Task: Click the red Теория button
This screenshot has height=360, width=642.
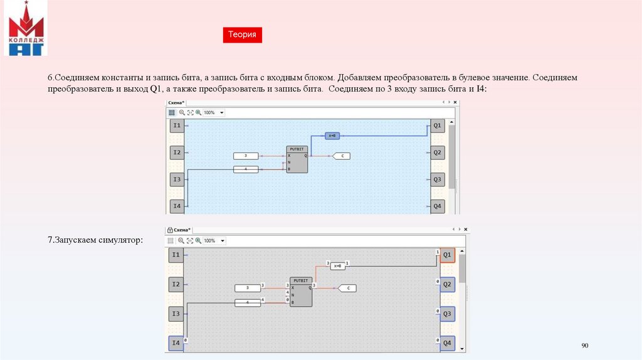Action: (242, 35)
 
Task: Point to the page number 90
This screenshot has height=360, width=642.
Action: (586, 346)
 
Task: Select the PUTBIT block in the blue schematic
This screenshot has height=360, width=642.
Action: (297, 159)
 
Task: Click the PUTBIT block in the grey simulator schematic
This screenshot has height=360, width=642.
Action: (300, 292)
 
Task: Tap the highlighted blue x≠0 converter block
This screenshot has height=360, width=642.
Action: (332, 135)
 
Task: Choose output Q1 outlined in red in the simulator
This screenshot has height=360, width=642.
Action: (447, 255)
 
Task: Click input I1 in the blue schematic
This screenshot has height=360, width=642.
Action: (177, 126)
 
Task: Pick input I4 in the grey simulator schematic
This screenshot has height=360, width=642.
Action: (176, 344)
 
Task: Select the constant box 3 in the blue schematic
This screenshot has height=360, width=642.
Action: (246, 156)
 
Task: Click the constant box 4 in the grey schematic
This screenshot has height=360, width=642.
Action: (248, 303)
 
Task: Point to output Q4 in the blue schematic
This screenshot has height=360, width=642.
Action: (438, 206)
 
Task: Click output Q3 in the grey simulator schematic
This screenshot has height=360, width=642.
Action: (447, 314)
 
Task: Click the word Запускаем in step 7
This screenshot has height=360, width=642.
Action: (76, 240)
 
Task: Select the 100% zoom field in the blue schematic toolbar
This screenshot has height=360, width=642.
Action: (214, 113)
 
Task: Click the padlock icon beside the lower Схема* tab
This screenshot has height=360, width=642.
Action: (169, 230)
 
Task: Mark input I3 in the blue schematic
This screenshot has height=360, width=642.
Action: (177, 180)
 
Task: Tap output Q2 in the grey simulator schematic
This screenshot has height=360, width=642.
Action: (447, 284)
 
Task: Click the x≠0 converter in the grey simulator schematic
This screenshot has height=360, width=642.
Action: (337, 266)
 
